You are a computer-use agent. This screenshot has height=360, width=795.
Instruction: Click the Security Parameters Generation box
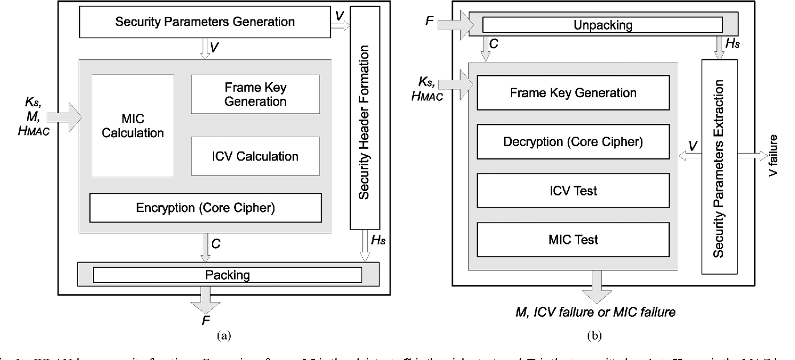205,23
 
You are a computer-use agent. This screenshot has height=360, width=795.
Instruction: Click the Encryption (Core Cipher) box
206,208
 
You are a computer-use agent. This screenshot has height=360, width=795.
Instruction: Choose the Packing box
227,275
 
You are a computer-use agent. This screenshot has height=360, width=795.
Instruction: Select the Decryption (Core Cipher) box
573,141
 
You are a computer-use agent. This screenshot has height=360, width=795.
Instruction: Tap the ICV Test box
573,190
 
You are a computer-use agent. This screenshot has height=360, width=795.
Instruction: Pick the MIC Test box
573,239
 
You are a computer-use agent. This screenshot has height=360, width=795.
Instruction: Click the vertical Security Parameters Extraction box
719,166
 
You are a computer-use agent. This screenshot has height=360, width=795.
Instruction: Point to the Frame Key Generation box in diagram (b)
573,92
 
